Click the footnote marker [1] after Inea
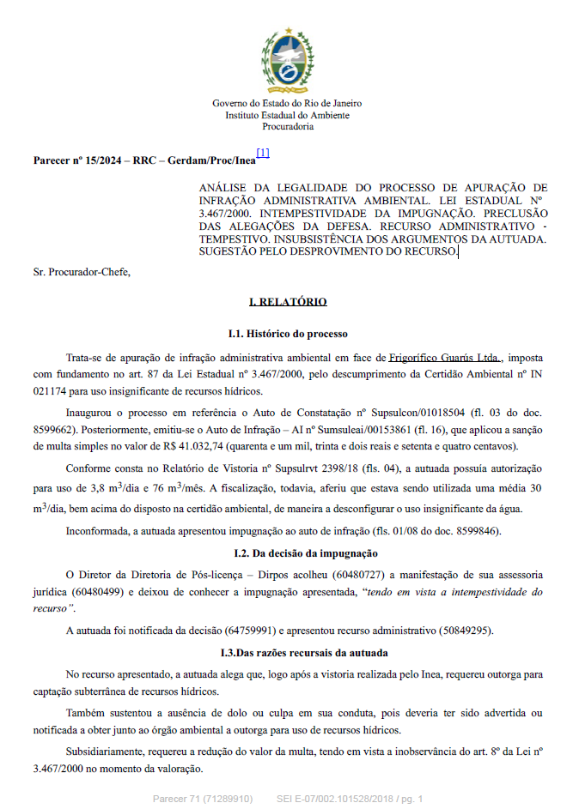263,154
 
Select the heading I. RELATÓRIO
287,302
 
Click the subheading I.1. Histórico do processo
287,333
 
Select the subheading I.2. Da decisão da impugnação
287,553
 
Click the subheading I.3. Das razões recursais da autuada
287,653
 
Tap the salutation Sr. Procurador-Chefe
82,272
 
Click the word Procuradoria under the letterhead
287,126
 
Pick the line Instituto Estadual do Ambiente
287,115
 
